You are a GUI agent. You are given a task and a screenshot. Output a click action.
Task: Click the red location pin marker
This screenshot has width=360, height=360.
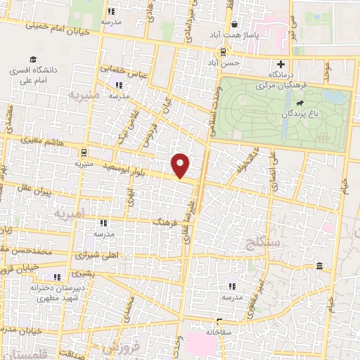coord(181,165)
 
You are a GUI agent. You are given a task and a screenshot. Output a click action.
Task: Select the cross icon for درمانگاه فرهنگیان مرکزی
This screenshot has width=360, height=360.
coord(281,64)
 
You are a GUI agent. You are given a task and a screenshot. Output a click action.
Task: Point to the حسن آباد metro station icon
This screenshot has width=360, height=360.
coord(223,51)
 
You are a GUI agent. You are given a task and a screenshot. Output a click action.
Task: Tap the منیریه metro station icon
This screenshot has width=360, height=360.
coord(84,151)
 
